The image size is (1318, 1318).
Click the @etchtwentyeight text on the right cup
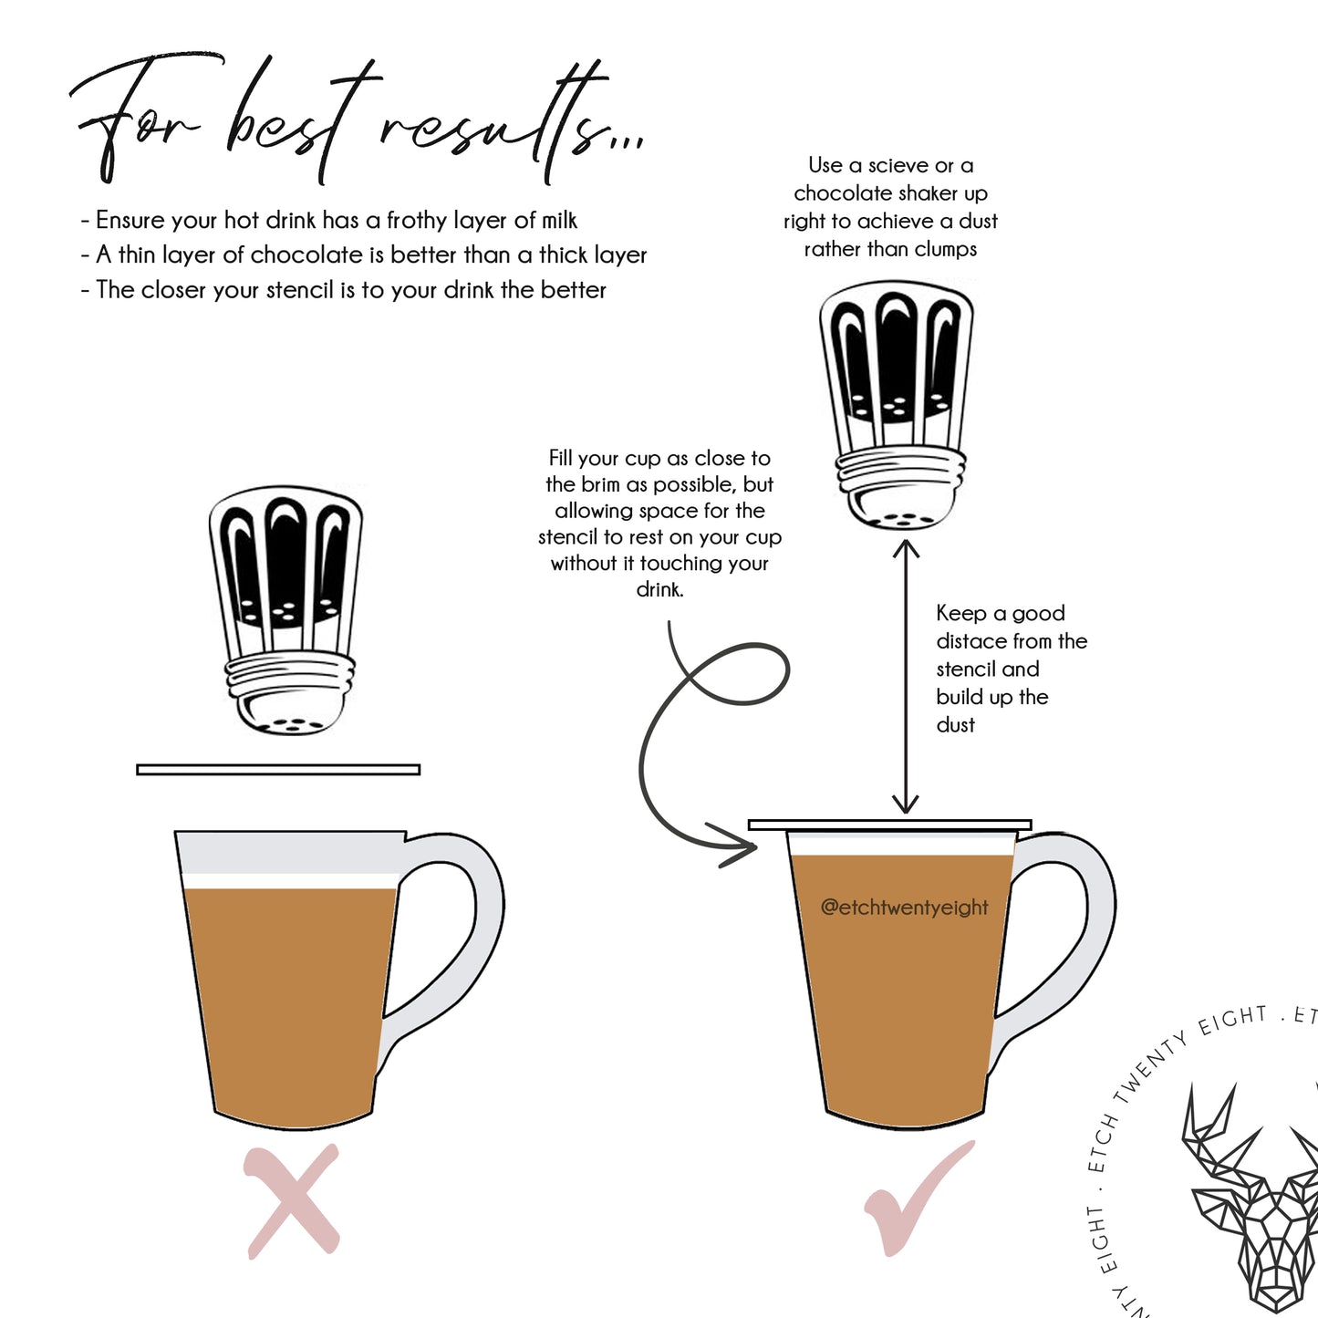pyautogui.click(x=904, y=908)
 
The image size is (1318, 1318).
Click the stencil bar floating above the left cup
pyautogui.click(x=278, y=770)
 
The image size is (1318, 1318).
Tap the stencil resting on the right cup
pyautogui.click(x=890, y=825)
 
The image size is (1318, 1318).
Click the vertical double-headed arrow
pyautogui.click(x=906, y=677)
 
